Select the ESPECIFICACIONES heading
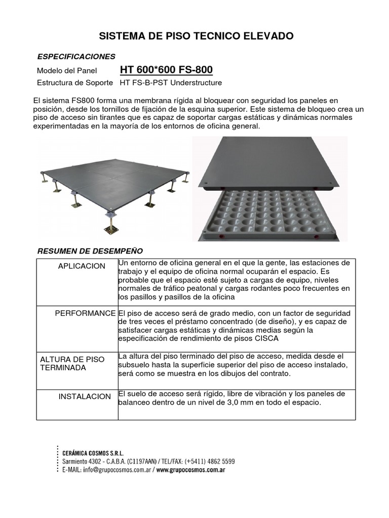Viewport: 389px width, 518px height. tap(76, 56)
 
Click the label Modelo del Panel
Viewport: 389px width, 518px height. tap(67, 71)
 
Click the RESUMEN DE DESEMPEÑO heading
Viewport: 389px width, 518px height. tap(91, 251)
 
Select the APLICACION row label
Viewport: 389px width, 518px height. tap(82, 266)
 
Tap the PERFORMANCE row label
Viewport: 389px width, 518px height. tap(85, 314)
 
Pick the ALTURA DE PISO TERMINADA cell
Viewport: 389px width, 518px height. tap(72, 363)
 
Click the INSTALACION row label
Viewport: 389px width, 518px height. tap(85, 397)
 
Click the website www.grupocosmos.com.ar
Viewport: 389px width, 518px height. tap(190, 469)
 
